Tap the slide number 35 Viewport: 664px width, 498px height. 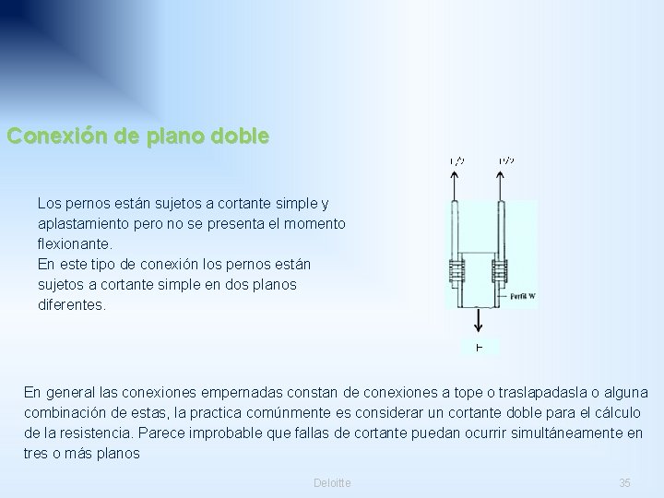(x=624, y=483)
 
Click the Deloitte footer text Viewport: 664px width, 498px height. (x=332, y=483)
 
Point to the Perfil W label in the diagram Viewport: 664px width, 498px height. (x=522, y=296)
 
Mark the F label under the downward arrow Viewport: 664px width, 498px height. (x=479, y=347)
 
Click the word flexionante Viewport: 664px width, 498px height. (x=75, y=244)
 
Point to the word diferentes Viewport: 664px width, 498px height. (x=72, y=304)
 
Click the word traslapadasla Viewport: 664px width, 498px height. (x=534, y=392)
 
